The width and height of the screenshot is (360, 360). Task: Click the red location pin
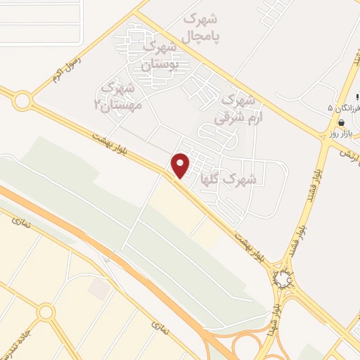pos(180,165)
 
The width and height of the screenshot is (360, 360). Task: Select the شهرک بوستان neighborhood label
pos(161,55)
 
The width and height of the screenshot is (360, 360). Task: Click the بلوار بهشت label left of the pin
pos(112,146)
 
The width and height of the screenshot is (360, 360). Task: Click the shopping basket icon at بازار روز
pos(341,122)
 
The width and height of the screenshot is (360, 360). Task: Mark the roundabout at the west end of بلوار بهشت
pos(22,101)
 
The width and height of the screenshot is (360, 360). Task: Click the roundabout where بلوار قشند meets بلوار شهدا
pos(284,280)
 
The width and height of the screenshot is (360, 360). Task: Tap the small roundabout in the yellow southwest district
pos(46,311)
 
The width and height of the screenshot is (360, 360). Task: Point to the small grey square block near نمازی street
pos(99,289)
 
